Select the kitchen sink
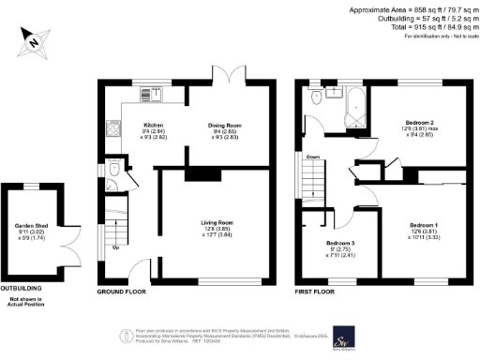coord(151,93)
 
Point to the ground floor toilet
coord(112,174)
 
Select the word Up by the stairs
coord(115,247)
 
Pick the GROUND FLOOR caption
coord(124,292)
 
